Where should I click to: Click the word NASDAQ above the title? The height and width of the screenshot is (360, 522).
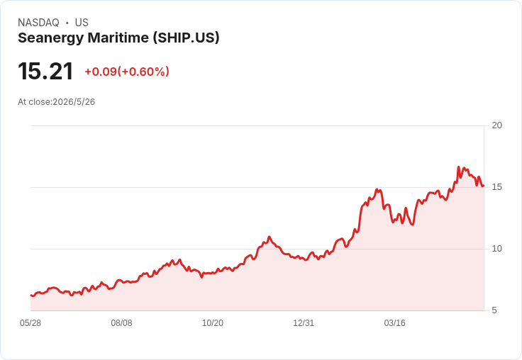pyautogui.click(x=38, y=23)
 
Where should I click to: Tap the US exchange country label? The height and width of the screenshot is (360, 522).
pyautogui.click(x=82, y=23)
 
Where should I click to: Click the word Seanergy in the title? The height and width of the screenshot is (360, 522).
pyautogui.click(x=51, y=38)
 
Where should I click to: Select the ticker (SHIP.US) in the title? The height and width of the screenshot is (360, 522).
pyautogui.click(x=186, y=38)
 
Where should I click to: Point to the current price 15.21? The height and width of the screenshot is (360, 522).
pyautogui.click(x=45, y=71)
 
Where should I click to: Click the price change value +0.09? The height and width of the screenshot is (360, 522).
pyautogui.click(x=101, y=72)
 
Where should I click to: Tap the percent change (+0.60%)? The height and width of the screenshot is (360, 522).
pyautogui.click(x=143, y=72)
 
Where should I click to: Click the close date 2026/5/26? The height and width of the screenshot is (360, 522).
pyautogui.click(x=74, y=102)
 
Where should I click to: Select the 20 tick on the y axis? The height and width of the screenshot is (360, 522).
pyautogui.click(x=496, y=125)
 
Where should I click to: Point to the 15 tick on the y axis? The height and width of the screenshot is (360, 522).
pyautogui.click(x=496, y=187)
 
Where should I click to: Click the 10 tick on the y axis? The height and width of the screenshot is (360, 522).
pyautogui.click(x=496, y=249)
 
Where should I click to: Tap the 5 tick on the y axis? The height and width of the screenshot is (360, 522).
pyautogui.click(x=494, y=310)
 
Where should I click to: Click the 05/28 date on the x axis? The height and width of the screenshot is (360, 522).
pyautogui.click(x=30, y=323)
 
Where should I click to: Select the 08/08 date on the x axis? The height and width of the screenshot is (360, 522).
pyautogui.click(x=121, y=323)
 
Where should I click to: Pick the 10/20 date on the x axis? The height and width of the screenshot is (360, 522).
pyautogui.click(x=213, y=323)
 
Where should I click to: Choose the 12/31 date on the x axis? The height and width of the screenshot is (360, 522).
pyautogui.click(x=304, y=323)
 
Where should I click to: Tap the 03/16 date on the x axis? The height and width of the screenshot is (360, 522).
pyautogui.click(x=395, y=323)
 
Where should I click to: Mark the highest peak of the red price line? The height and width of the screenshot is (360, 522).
pyautogui.click(x=458, y=167)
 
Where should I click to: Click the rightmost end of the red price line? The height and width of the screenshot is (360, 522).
pyautogui.click(x=484, y=186)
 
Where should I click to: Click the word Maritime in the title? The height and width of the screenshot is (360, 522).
pyautogui.click(x=118, y=38)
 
